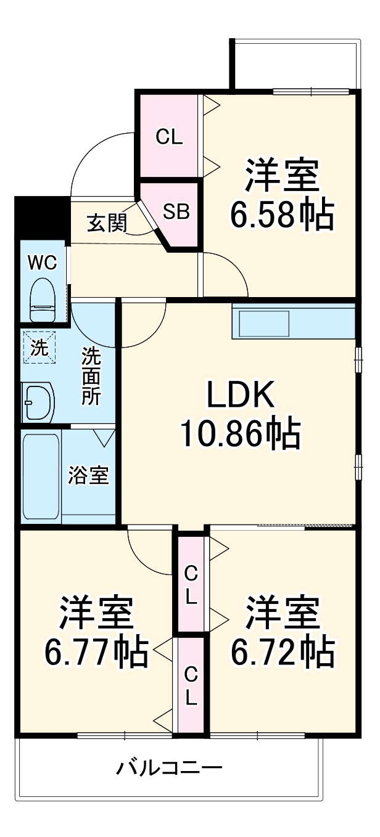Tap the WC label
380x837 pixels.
point(43,263)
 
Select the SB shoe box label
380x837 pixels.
point(176,213)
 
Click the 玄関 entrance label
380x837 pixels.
point(105,223)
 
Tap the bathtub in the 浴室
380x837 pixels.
point(41,476)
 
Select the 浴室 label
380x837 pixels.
point(88,476)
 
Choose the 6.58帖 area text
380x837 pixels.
point(282,214)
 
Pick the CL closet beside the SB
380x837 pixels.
point(169,137)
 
